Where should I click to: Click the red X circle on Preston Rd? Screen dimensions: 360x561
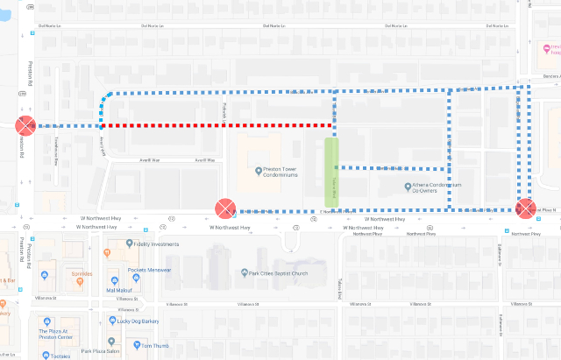pyautogui.click(x=25, y=125)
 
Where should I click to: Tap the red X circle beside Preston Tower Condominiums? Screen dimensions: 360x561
pyautogui.click(x=225, y=208)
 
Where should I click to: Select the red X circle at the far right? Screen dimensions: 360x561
pyautogui.click(x=525, y=208)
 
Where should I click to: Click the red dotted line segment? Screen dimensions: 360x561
pyautogui.click(x=219, y=125)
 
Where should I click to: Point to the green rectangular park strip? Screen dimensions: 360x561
pyautogui.click(x=330, y=171)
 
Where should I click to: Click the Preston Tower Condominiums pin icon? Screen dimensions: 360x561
pyautogui.click(x=258, y=171)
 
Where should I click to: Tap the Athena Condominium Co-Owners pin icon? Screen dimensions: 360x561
pyautogui.click(x=408, y=186)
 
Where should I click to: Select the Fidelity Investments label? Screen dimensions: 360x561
pyautogui.click(x=160, y=244)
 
